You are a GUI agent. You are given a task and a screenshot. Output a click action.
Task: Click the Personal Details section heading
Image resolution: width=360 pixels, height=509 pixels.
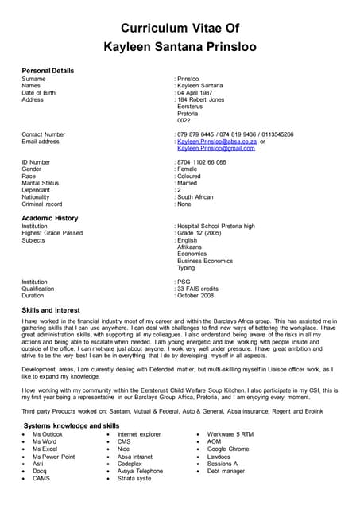[x=48, y=71]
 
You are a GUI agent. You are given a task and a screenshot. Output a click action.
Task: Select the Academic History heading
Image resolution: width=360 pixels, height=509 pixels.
[x=50, y=218]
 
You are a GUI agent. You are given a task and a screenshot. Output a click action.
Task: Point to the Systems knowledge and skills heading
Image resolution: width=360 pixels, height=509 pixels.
[x=72, y=426]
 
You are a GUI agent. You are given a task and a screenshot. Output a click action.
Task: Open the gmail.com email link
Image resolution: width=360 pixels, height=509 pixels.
[x=216, y=149]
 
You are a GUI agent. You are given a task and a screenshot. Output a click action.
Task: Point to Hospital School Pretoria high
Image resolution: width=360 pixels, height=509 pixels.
[x=216, y=226]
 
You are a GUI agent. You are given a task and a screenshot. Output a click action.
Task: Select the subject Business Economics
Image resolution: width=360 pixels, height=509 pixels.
[x=205, y=261]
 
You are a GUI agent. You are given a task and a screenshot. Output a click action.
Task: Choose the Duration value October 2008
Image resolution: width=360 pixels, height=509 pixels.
[x=196, y=295]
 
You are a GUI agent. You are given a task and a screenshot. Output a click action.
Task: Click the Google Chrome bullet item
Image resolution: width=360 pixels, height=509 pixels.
[x=228, y=449]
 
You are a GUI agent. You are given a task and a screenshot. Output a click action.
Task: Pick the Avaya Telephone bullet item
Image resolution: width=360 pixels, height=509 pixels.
[x=140, y=471]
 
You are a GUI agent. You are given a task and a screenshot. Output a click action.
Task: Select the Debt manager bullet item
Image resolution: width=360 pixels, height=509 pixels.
[x=227, y=471]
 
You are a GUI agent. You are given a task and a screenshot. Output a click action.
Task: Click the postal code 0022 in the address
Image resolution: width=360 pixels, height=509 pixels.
[x=184, y=121]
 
